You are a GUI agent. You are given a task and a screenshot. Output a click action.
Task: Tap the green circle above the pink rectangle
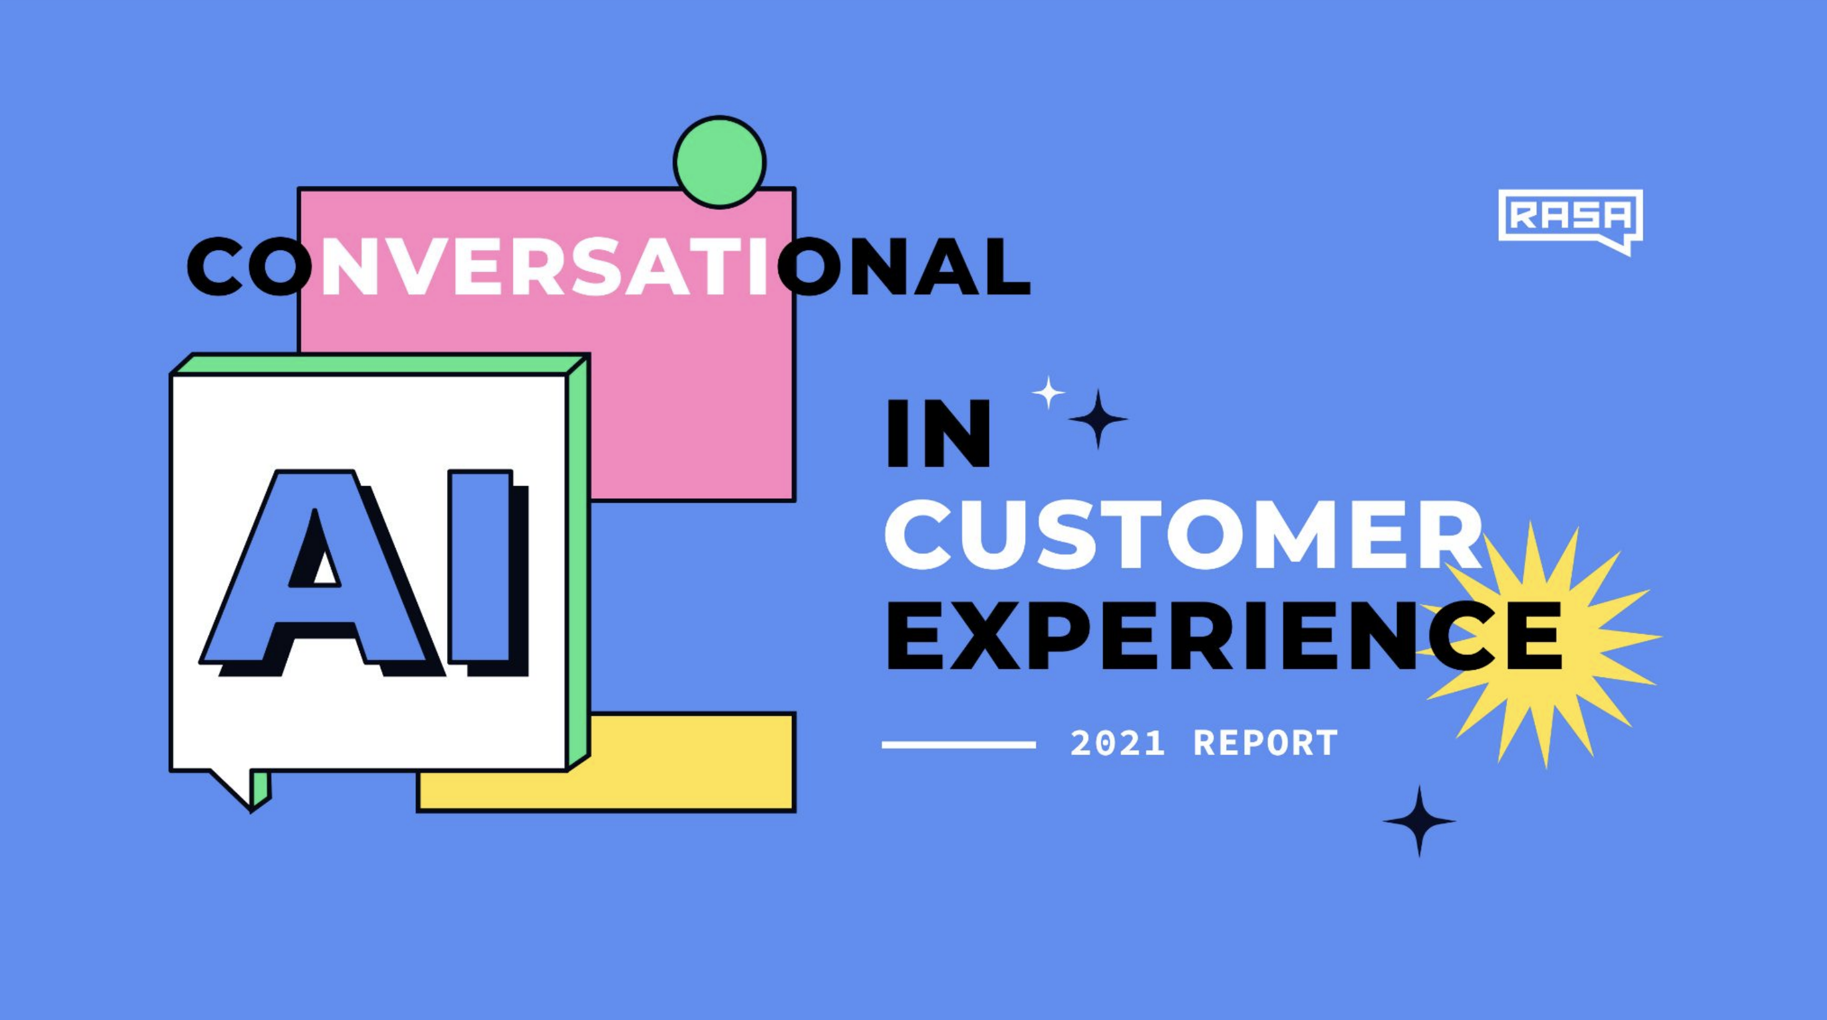[x=719, y=163]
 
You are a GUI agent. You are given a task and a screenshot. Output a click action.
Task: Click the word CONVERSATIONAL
[x=608, y=267]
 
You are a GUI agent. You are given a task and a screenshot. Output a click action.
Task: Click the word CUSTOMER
[x=1183, y=535]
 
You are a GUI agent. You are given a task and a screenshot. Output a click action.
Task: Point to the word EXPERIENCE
[x=1224, y=636]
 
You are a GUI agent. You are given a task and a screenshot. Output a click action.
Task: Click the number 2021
[x=1118, y=743]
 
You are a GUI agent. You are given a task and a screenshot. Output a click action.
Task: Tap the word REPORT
[x=1266, y=743]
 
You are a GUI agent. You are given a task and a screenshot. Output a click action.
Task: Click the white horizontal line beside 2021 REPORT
[x=958, y=745]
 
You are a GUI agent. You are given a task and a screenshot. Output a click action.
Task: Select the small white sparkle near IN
[x=1048, y=392]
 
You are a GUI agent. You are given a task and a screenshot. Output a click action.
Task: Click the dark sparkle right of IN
[x=1098, y=419]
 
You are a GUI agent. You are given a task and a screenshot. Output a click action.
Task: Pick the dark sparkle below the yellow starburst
[x=1419, y=821]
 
